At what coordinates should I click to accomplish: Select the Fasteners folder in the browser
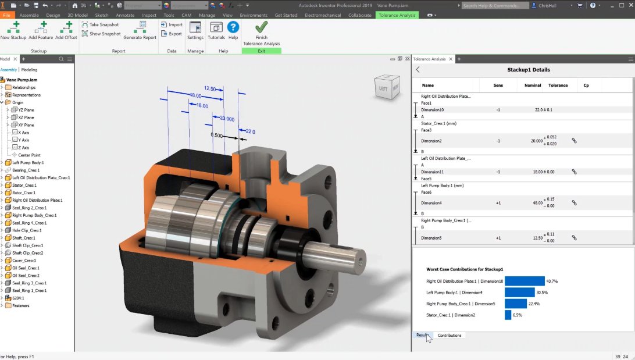click(20, 305)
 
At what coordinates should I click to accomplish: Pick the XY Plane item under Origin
click(26, 125)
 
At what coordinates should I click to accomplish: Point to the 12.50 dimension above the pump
click(210, 89)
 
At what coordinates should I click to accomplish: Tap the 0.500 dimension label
click(217, 135)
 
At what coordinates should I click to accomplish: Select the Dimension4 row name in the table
click(431, 203)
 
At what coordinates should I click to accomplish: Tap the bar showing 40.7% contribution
click(525, 281)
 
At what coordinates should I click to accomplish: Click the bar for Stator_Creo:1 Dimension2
click(508, 315)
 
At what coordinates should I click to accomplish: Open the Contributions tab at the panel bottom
click(450, 336)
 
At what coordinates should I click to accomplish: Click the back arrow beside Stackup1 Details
click(418, 70)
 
